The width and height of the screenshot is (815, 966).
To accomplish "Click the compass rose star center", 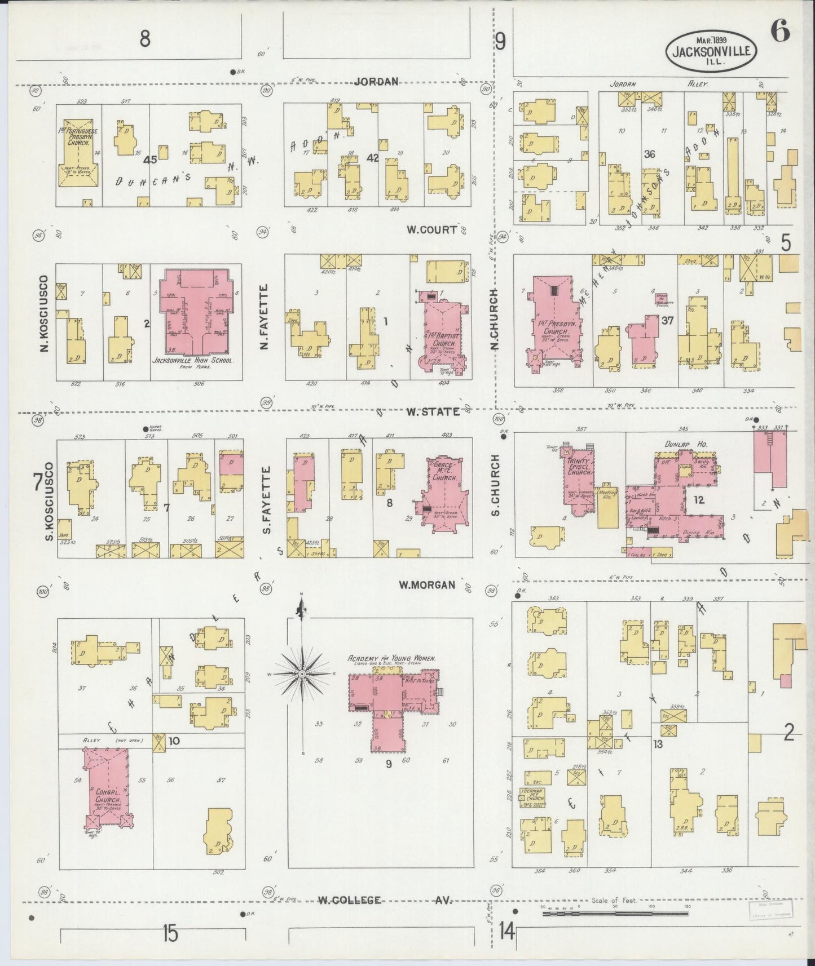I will point(302,674).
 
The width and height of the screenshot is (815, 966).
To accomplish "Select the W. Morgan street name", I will point(426,585).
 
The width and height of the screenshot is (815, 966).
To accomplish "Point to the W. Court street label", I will point(431,229).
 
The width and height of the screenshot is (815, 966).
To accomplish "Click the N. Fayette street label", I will point(264,316).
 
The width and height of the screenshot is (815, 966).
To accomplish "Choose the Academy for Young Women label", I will point(394,658).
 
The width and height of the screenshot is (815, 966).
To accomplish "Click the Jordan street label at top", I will point(376,82).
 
